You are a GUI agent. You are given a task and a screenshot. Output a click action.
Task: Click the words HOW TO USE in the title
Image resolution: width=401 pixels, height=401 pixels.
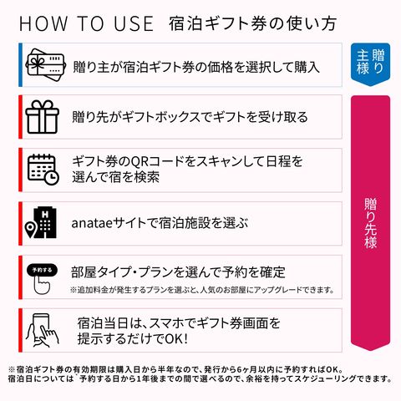click(x=86, y=23)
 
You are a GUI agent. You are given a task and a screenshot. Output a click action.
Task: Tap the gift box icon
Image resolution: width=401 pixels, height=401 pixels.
click(x=42, y=117)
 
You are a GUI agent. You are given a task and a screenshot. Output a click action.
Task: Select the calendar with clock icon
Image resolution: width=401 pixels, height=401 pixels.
click(x=43, y=170)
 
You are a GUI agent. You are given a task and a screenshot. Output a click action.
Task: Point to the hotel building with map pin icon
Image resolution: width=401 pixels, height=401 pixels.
click(x=41, y=223)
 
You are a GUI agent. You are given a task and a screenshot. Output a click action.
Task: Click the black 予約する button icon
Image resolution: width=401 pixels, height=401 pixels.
click(x=42, y=270)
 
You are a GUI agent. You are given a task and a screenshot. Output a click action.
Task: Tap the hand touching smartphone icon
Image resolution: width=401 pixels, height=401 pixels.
click(x=43, y=331)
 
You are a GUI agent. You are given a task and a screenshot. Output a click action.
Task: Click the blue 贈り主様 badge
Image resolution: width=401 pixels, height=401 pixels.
click(x=370, y=64)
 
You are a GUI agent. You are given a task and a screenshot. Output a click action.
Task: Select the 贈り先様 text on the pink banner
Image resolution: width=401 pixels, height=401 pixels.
click(x=371, y=223)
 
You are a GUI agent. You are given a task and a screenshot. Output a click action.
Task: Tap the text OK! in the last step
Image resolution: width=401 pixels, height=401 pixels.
click(x=176, y=339)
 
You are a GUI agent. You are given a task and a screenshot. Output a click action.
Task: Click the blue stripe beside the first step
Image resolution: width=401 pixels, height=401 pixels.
click(x=20, y=65)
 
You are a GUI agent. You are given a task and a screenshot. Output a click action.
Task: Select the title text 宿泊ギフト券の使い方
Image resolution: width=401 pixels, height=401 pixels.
click(x=252, y=23)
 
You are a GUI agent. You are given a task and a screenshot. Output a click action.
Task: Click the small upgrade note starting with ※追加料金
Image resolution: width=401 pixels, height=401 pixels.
click(x=202, y=290)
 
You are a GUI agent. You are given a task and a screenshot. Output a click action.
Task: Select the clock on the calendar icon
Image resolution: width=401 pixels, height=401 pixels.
click(x=52, y=178)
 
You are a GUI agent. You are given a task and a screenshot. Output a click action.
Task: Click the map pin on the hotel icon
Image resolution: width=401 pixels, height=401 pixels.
click(x=30, y=230)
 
